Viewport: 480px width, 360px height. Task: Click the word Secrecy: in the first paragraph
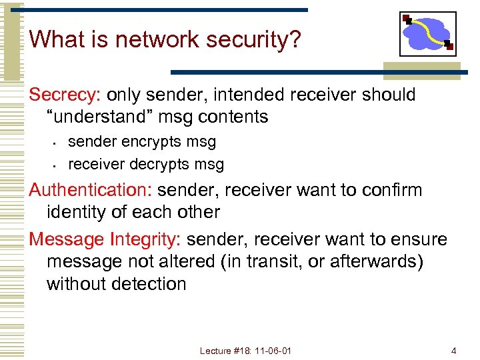click(x=65, y=95)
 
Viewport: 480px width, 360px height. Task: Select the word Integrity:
click(x=146, y=239)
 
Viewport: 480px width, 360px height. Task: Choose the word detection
click(x=146, y=284)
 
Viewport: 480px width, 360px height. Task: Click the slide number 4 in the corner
click(x=453, y=351)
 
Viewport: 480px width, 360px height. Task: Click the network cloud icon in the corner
click(x=427, y=33)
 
